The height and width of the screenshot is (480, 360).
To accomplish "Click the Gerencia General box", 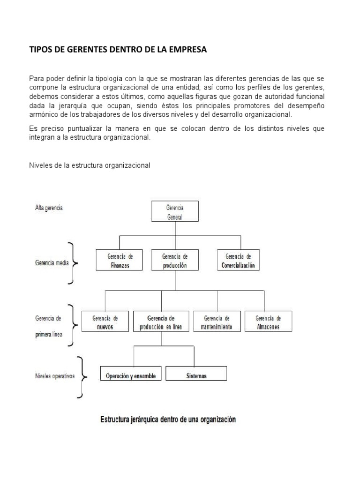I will (x=175, y=211).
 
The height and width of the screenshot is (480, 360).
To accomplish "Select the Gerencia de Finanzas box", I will (x=120, y=261).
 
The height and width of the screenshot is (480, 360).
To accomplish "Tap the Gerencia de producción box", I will (x=175, y=261).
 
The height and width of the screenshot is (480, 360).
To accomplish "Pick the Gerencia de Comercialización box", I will (x=238, y=261).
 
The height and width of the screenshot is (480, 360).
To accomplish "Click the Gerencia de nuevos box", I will (x=105, y=322).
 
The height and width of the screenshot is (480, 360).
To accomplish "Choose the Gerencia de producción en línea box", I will (x=161, y=322).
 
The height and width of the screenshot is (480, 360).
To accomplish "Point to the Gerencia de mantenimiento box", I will (x=217, y=322).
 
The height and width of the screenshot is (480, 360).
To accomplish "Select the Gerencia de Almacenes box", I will (x=268, y=322).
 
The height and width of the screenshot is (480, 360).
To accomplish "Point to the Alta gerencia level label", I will (x=49, y=208).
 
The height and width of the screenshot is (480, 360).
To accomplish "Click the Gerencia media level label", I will (x=52, y=263).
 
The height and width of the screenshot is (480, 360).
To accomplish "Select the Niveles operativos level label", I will (x=54, y=376).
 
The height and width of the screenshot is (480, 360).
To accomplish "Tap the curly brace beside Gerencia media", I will (x=73, y=263).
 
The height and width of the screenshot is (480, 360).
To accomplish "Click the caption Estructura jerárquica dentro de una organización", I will (x=168, y=420).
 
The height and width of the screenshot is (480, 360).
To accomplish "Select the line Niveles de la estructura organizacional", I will (x=89, y=165).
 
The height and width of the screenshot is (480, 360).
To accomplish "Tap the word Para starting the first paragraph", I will (x=36, y=78).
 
